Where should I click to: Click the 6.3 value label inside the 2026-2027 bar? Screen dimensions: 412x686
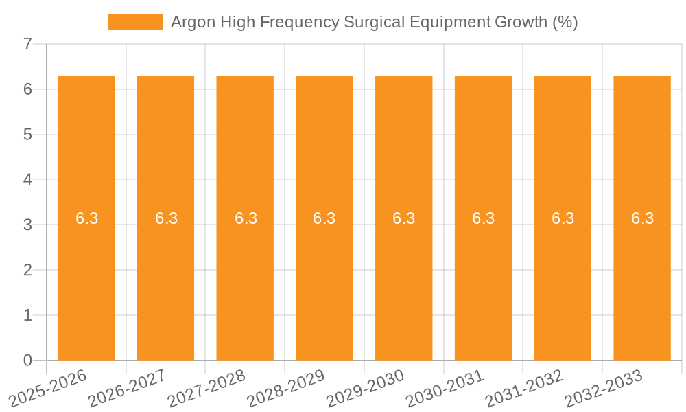[166, 218]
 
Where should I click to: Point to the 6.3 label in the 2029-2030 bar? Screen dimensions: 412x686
[404, 218]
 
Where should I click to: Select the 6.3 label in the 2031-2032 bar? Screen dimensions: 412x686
[563, 218]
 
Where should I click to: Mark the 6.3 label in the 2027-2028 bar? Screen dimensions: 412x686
[246, 218]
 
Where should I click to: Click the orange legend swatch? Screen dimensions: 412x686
[135, 22]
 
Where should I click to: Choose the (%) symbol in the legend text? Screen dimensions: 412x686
[565, 22]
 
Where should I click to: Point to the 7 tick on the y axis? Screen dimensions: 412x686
[27, 45]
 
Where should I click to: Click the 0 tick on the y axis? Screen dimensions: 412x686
[27, 360]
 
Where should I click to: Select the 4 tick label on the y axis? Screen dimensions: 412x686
[27, 180]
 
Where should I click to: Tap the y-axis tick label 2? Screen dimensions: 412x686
[27, 271]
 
